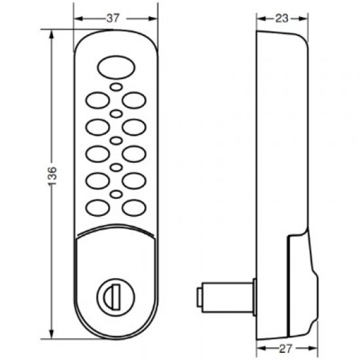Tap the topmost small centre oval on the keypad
[x=115, y=88]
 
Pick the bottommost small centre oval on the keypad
[x=115, y=194]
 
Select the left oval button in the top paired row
[x=96, y=99]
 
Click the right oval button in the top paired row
[x=134, y=99]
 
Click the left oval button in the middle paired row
[x=96, y=153]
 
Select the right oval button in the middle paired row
[x=134, y=153]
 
